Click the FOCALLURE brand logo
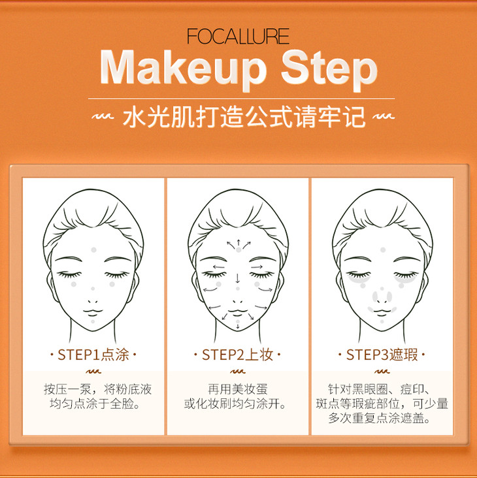tap(238, 37)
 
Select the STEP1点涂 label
tap(93, 355)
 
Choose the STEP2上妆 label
tap(237, 355)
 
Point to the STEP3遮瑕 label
tap(382, 355)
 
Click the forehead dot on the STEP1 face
tap(93, 250)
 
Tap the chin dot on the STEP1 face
tap(93, 321)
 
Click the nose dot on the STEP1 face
tap(93, 289)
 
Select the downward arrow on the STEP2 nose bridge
tap(238, 278)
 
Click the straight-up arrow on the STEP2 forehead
tap(238, 243)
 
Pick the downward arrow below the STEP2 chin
tap(238, 327)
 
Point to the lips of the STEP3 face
tap(382, 312)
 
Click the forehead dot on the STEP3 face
tap(382, 250)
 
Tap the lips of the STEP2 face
tap(238, 312)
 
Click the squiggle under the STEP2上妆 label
tap(238, 372)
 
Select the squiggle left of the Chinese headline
tap(103, 117)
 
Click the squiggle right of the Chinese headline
tap(384, 117)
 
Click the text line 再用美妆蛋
tap(238, 389)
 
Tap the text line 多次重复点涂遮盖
tap(380, 418)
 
